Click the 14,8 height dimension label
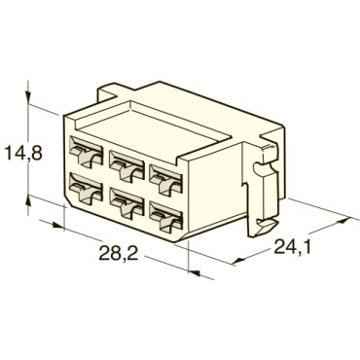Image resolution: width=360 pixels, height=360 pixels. coord(21,154)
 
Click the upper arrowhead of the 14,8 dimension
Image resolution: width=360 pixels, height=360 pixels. coord(30,104)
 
